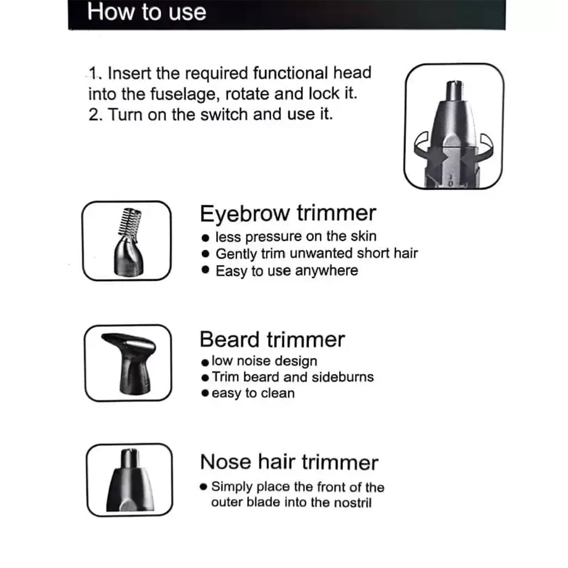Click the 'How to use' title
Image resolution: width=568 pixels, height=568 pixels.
tap(146, 12)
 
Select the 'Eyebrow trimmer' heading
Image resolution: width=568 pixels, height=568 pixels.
tap(288, 214)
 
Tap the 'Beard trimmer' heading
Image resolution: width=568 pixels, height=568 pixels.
tap(272, 339)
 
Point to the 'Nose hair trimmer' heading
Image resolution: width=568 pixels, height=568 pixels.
tap(289, 462)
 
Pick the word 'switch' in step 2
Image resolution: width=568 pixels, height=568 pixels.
tap(224, 115)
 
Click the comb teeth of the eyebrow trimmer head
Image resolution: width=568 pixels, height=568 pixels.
tap(130, 221)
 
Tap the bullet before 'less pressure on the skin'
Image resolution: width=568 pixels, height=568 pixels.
tap(206, 238)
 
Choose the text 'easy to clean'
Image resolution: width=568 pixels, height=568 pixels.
tap(253, 393)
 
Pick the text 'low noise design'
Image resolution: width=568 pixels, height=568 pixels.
tap(264, 361)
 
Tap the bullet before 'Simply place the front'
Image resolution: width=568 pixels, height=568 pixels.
tap(203, 487)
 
